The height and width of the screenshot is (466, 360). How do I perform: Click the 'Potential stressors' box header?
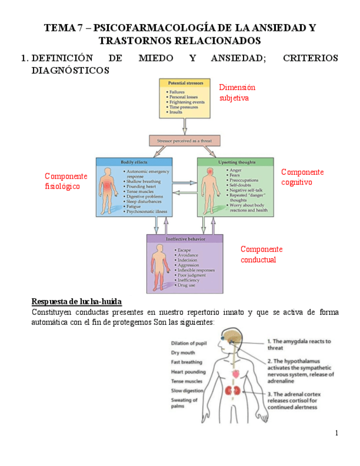pos(185,83)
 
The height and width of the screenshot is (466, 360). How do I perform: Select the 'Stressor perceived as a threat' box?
pos(185,141)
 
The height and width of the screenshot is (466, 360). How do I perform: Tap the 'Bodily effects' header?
pos(134,162)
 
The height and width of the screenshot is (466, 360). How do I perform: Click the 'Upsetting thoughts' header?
pos(235,162)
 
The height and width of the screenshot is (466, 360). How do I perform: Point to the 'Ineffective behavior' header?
pos(185,240)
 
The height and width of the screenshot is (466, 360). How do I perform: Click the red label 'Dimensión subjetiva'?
pos(237,93)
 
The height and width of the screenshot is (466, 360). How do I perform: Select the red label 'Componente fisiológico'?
pos(65,181)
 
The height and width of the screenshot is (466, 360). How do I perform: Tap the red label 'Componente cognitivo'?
pos(302,177)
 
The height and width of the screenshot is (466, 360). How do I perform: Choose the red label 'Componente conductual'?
pos(261,254)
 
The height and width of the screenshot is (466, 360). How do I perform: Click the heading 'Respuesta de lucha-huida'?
pos(76,302)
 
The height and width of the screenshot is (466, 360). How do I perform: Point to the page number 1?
pos(336,434)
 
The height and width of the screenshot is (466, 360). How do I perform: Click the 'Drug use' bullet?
pos(187,286)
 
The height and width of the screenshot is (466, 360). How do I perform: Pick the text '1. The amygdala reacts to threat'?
pos(298,345)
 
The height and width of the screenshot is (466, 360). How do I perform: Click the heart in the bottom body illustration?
pos(236,374)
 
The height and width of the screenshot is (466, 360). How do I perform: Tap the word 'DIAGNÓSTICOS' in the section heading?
pos(70,70)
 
